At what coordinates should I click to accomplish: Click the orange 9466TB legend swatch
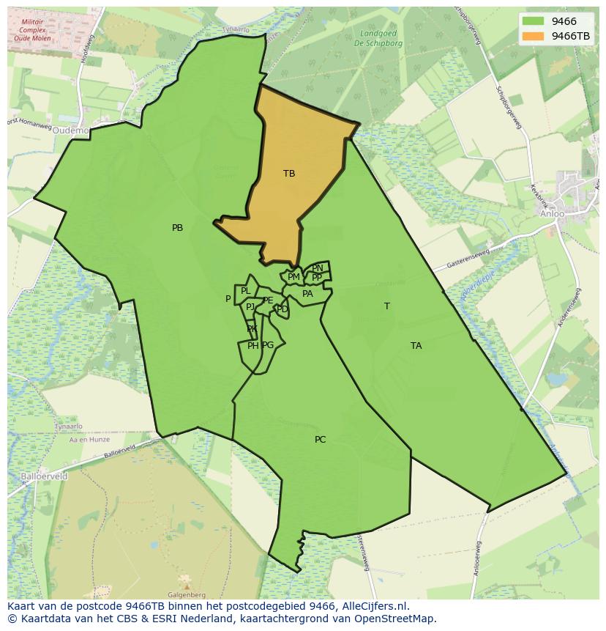pyautogui.click(x=534, y=36)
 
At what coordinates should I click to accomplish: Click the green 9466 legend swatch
pyautogui.click(x=534, y=22)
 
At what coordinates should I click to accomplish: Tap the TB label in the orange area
pyautogui.click(x=289, y=174)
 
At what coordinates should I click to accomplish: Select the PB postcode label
pyautogui.click(x=177, y=228)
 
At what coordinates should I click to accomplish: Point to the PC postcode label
pyautogui.click(x=320, y=440)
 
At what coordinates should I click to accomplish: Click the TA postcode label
pyautogui.click(x=416, y=346)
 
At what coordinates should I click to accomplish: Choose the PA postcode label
pyautogui.click(x=307, y=294)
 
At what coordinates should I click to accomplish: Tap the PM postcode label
pyautogui.click(x=293, y=277)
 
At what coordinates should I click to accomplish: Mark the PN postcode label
pyautogui.click(x=318, y=268)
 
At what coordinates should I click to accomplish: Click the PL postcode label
pyautogui.click(x=245, y=292)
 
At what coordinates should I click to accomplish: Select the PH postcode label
pyautogui.click(x=252, y=346)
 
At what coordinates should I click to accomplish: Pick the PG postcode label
pyautogui.click(x=268, y=345)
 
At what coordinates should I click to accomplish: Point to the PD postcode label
pyautogui.click(x=282, y=309)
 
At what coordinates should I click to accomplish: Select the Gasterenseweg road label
pyautogui.click(x=468, y=256)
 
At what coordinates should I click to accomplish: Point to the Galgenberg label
pyautogui.click(x=186, y=595)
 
